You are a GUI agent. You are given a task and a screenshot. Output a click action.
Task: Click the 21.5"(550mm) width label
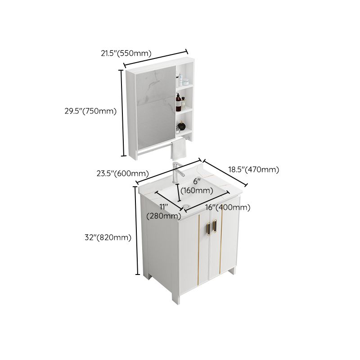pos(126,53)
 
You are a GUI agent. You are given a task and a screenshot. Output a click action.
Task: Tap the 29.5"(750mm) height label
pos(90,111)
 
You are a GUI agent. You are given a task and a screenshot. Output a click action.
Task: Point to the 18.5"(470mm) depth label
pos(254,170)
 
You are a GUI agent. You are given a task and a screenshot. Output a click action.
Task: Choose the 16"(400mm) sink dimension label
pos(228,207)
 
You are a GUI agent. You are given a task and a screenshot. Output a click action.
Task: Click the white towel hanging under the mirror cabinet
pos(178,149)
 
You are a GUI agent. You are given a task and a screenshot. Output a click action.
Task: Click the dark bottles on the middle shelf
pos(180,102)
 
